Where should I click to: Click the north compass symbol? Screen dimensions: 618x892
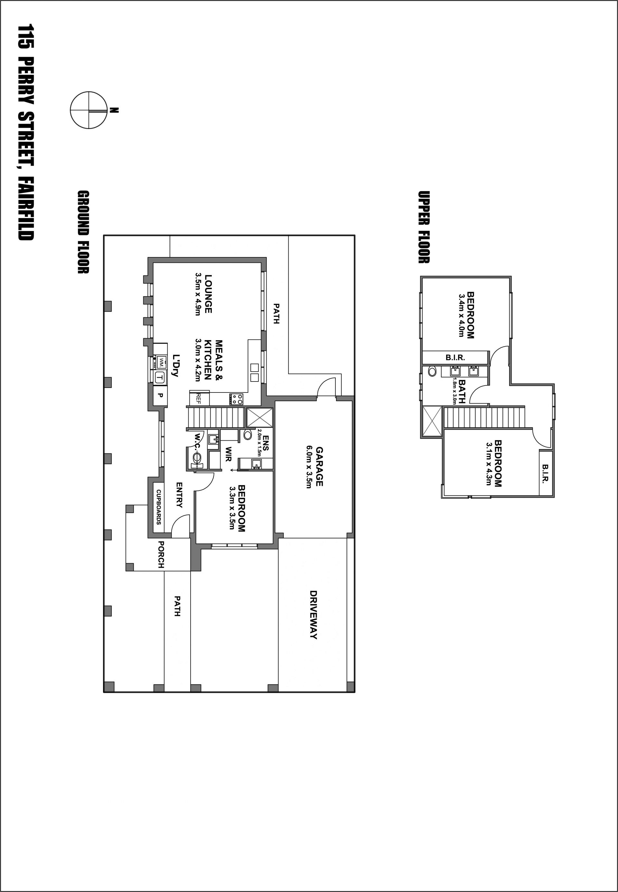coord(89,110)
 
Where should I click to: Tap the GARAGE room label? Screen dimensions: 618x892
coord(319,466)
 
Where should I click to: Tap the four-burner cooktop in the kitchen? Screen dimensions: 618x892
coord(236,399)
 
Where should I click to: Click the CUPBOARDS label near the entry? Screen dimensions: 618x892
coord(159,507)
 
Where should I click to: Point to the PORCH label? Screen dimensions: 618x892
coord(161,555)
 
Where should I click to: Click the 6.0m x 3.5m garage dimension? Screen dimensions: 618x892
coord(309,467)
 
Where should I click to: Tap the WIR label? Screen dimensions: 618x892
coord(229,454)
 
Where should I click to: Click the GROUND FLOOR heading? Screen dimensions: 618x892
coord(83,232)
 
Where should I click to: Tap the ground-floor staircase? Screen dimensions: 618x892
coord(216,418)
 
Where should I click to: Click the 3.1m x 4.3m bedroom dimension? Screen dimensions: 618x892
coord(489,464)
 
